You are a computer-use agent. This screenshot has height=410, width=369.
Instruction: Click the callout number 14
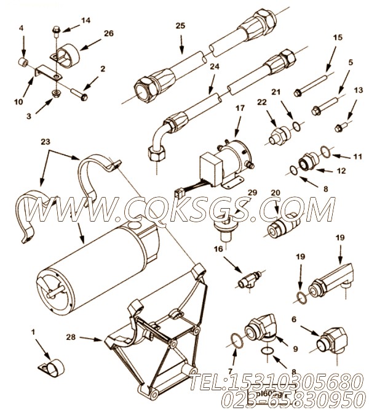coord(85,20)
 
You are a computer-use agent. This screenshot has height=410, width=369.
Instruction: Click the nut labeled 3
coord(55,94)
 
